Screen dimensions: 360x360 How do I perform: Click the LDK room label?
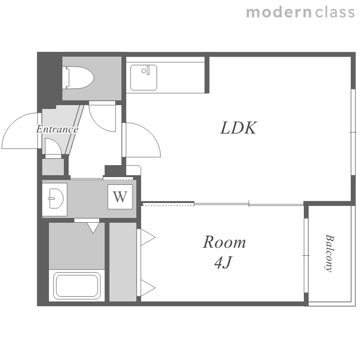click(x=238, y=128)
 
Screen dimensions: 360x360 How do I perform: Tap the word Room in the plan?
click(x=224, y=242)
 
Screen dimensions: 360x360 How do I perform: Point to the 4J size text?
click(x=223, y=262)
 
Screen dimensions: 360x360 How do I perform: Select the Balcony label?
click(x=329, y=253)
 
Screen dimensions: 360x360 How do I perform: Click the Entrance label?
click(x=57, y=129)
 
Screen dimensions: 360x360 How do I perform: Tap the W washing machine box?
click(x=120, y=197)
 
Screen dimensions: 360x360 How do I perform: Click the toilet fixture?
click(x=79, y=78)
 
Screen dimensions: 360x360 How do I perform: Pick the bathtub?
click(x=77, y=286)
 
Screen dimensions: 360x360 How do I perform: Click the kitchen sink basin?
click(x=144, y=78)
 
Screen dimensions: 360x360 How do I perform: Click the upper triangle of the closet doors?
click(x=148, y=237)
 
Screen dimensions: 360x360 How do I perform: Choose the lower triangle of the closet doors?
click(x=148, y=288)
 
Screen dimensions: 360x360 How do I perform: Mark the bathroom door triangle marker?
click(x=93, y=228)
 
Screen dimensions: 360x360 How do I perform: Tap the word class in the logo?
click(x=335, y=12)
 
